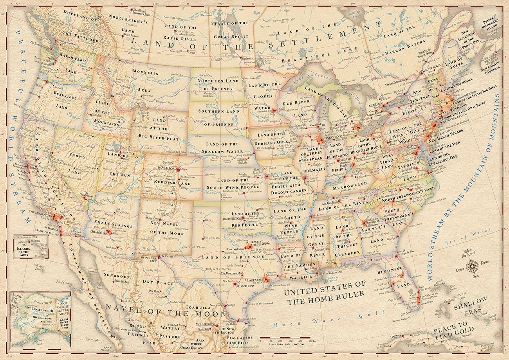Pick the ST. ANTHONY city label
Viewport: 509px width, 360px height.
click(x=245, y=286)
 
